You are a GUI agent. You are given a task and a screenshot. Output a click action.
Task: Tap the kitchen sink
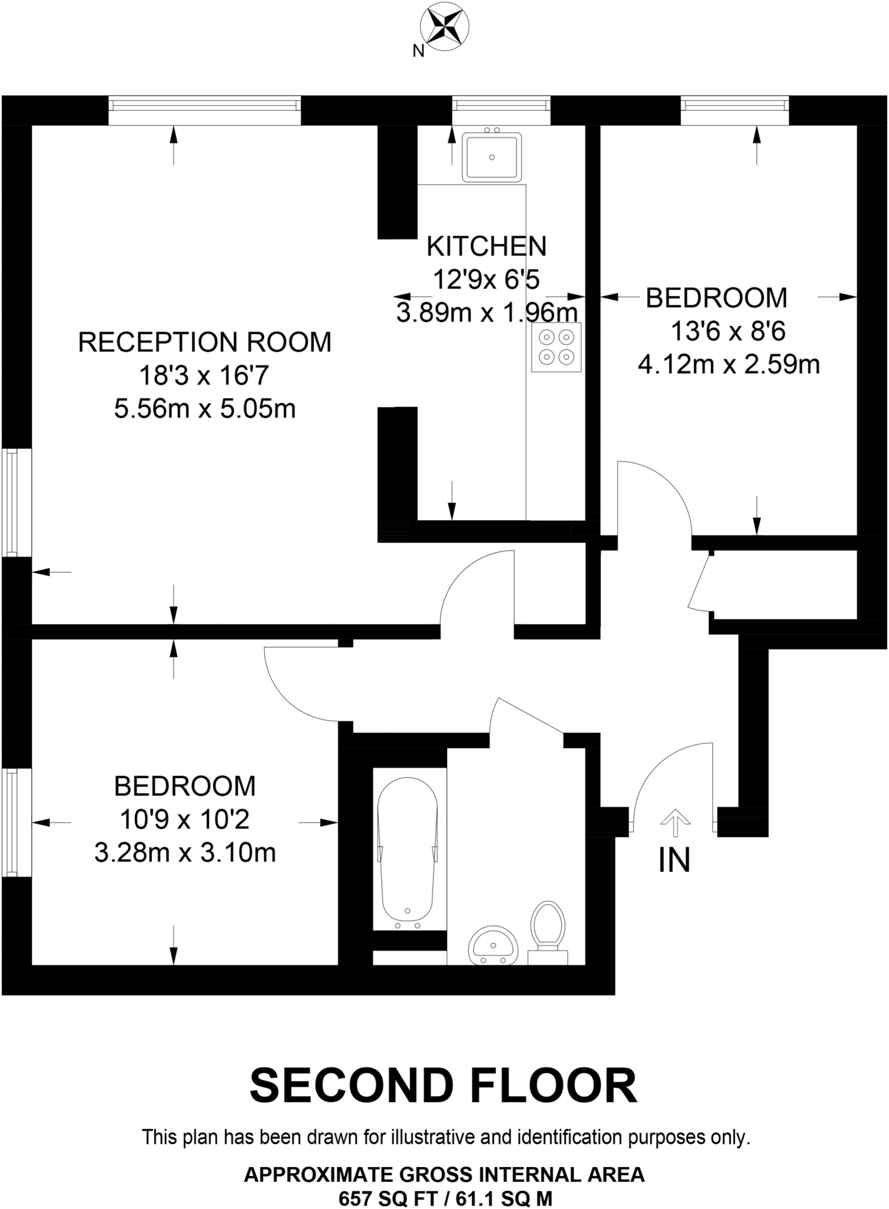click(x=491, y=157)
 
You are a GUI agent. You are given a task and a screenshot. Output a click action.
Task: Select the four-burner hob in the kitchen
click(x=556, y=347)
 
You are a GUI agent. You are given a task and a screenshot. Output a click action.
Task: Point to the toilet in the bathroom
click(x=548, y=927)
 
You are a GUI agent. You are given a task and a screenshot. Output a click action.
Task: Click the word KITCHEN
click(x=486, y=247)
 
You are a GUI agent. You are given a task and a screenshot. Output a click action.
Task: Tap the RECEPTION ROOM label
click(x=204, y=342)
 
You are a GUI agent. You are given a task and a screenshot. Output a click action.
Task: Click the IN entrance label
click(x=674, y=861)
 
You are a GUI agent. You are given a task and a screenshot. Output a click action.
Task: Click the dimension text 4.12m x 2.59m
click(x=728, y=365)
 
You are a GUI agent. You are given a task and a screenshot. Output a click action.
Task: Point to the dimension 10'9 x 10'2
click(x=184, y=819)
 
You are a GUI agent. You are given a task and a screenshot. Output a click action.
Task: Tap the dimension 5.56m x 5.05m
click(x=204, y=409)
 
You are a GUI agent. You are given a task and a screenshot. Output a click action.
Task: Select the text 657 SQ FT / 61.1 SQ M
click(x=445, y=1198)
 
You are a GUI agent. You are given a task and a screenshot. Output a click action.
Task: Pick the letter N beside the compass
click(x=418, y=51)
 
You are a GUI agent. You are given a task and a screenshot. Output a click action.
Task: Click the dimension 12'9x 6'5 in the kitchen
click(x=486, y=279)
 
